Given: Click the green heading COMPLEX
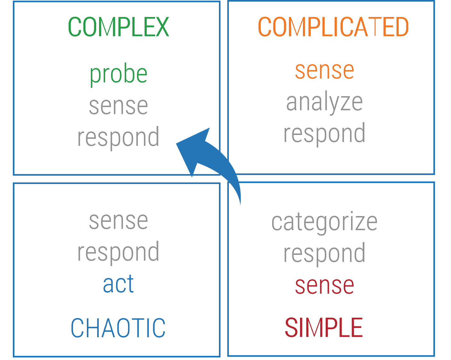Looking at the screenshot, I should coord(118,27).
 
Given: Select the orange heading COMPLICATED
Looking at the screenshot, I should coord(333,27).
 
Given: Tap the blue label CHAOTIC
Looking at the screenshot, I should coord(118,328).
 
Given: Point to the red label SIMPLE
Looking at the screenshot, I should coord(324,328).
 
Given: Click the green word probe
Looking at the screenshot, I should coord(118,74).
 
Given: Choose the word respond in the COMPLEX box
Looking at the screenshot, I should coord(118,137).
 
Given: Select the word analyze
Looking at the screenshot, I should coord(324,102).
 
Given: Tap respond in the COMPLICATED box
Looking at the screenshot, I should coord(324,133).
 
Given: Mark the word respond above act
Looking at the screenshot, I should coord(118,252).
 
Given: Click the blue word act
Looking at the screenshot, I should coord(118,284).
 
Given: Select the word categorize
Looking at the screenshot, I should coord(324,222).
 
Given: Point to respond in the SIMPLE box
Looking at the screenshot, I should coord(324,253).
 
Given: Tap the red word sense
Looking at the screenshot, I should coord(324,285).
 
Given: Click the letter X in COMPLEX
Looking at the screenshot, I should coord(162,27).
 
